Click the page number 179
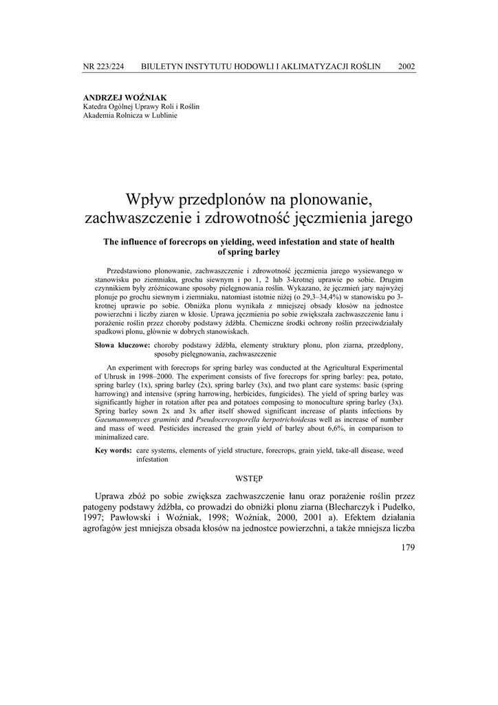[407, 548]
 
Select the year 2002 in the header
[407, 67]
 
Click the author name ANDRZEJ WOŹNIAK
[124, 98]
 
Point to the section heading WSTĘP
[248, 476]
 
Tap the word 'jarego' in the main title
[387, 219]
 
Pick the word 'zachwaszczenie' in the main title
[136, 219]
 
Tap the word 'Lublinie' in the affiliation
[163, 116]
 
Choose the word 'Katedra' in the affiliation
[96, 107]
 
